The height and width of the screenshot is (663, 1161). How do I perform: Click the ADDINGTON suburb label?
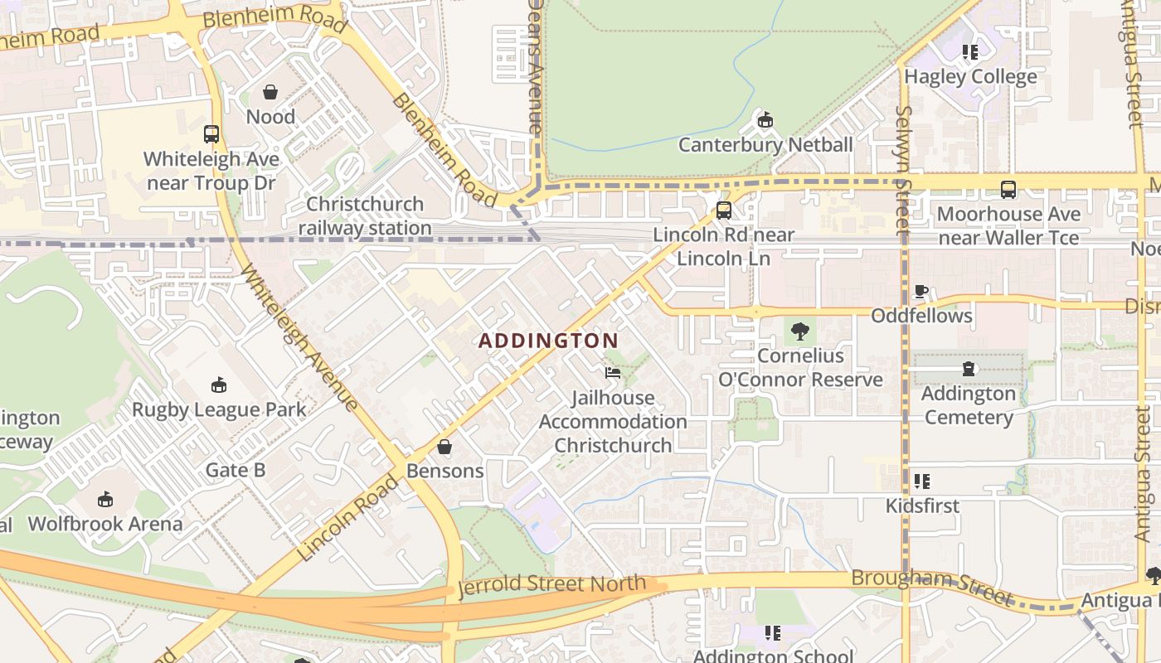(548, 341)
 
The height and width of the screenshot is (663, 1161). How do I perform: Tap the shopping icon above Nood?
(270, 92)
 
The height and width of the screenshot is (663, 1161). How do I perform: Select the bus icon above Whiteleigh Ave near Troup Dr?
(211, 133)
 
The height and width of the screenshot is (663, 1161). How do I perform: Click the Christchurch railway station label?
(365, 215)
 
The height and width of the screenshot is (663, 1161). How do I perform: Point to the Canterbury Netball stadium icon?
(765, 120)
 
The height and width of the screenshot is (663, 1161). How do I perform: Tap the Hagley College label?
(970, 77)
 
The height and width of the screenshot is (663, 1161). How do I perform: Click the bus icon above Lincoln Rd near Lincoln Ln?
(724, 210)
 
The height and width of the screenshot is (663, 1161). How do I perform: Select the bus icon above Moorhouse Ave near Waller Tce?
(1008, 190)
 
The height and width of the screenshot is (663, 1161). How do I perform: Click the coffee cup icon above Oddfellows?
(921, 292)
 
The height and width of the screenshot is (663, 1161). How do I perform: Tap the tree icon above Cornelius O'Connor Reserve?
(800, 331)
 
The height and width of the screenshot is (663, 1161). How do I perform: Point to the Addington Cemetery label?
(969, 404)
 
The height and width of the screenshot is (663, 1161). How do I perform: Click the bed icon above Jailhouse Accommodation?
(613, 373)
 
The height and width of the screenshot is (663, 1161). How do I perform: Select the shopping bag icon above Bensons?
(444, 447)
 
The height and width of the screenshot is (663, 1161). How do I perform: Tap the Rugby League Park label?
(219, 409)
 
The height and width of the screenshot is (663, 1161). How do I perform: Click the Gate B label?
(236, 471)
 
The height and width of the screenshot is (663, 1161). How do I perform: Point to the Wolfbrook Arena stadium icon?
(105, 499)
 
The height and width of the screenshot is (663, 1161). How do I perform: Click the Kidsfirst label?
(922, 506)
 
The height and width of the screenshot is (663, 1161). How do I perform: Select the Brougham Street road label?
(932, 586)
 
